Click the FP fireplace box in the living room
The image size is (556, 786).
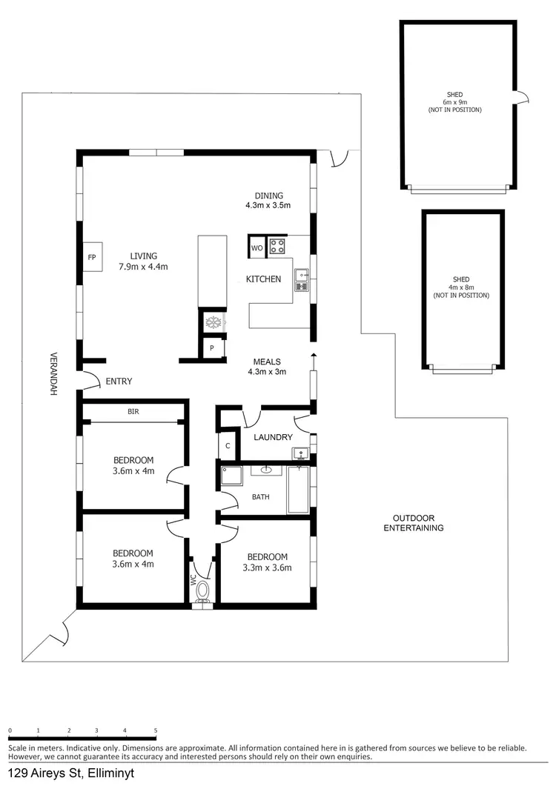(92, 257)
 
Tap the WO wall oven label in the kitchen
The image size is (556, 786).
(257, 247)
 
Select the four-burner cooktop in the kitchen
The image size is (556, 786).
(277, 246)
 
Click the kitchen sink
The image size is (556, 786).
(302, 279)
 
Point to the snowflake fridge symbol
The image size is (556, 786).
(213, 323)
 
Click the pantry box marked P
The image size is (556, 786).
(212, 348)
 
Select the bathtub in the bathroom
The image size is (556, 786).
(298, 489)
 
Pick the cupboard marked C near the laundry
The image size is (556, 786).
(228, 446)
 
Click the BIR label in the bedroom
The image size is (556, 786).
(133, 411)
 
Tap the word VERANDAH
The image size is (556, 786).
(53, 373)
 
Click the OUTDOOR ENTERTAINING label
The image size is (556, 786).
(413, 523)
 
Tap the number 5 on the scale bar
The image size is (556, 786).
(156, 731)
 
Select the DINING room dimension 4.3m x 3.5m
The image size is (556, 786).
(268, 205)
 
